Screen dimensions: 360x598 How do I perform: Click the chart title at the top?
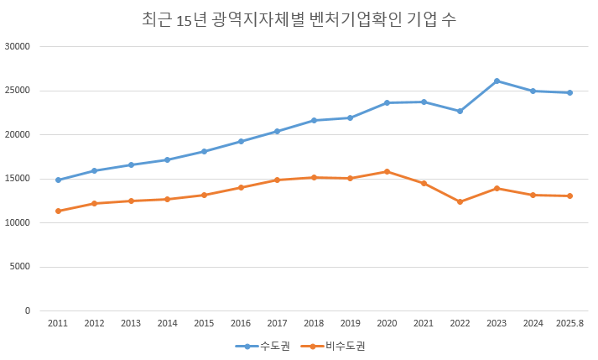coord(299,19)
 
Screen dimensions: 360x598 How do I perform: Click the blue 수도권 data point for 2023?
coord(497,81)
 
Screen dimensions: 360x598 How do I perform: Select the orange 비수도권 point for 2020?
coord(387,171)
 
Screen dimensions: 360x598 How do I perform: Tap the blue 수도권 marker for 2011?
coord(58,180)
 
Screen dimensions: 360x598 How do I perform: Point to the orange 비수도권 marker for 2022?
coord(460,201)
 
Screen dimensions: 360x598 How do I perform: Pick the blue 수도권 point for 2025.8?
coord(569,92)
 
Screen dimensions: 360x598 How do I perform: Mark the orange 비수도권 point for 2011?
coord(58,211)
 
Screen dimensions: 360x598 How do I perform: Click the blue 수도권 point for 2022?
coord(460,111)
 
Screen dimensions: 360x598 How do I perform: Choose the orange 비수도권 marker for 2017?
coord(277,180)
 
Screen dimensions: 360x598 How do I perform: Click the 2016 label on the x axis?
coord(241,323)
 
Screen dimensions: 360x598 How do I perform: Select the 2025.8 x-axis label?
coord(569,323)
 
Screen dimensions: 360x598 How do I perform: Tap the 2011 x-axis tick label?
coord(58,323)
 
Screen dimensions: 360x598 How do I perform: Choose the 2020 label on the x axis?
coord(387,323)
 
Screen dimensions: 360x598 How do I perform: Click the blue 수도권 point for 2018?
coord(314,120)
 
